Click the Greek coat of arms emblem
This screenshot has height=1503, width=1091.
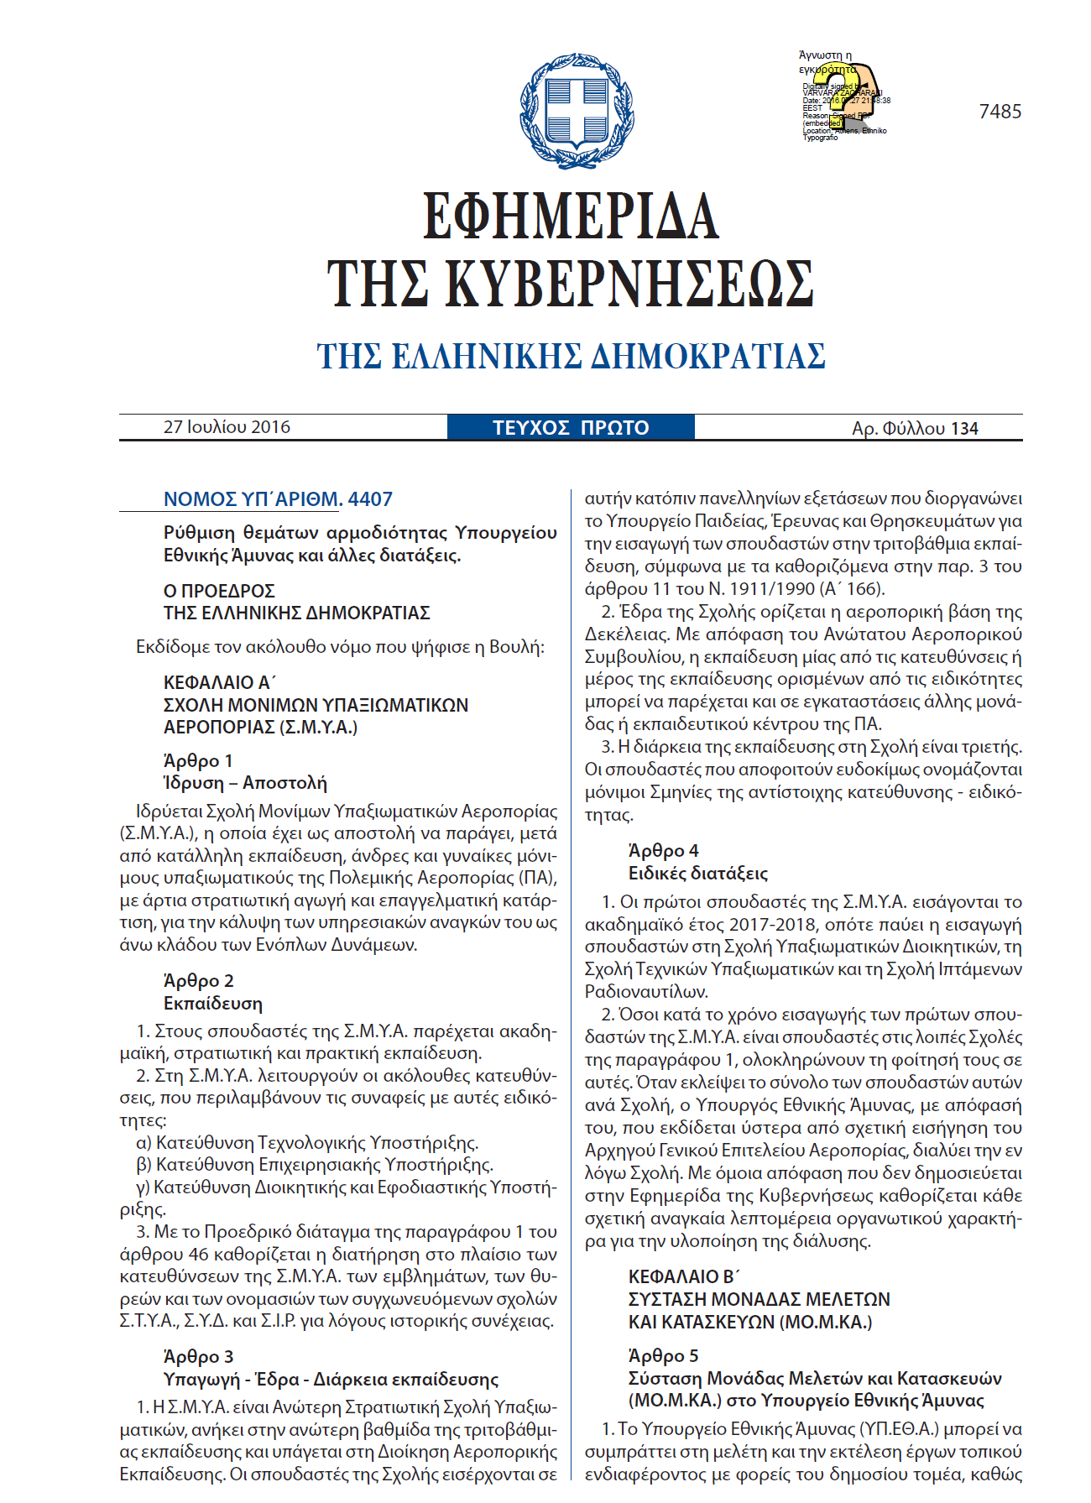[x=576, y=110]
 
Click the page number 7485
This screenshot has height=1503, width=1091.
[x=1000, y=112]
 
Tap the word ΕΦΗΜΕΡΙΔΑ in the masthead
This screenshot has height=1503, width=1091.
[x=571, y=217]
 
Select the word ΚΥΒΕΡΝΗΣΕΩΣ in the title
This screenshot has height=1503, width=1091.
[x=629, y=284]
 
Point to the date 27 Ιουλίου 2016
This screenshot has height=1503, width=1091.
[x=227, y=427]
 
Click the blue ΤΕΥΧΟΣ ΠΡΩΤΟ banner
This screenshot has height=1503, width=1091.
[x=571, y=428]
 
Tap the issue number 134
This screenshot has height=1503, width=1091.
[x=964, y=429]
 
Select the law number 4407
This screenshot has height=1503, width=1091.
[x=370, y=499]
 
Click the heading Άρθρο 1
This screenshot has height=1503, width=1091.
[x=198, y=761]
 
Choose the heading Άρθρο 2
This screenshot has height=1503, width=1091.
[x=199, y=981]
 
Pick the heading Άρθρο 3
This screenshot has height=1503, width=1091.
[x=199, y=1357]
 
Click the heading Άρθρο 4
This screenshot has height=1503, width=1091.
[x=664, y=851]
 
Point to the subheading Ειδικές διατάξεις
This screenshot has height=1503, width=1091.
[x=698, y=874]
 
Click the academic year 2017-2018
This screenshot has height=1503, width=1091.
[x=772, y=925]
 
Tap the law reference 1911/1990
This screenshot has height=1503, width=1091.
[x=773, y=589]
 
